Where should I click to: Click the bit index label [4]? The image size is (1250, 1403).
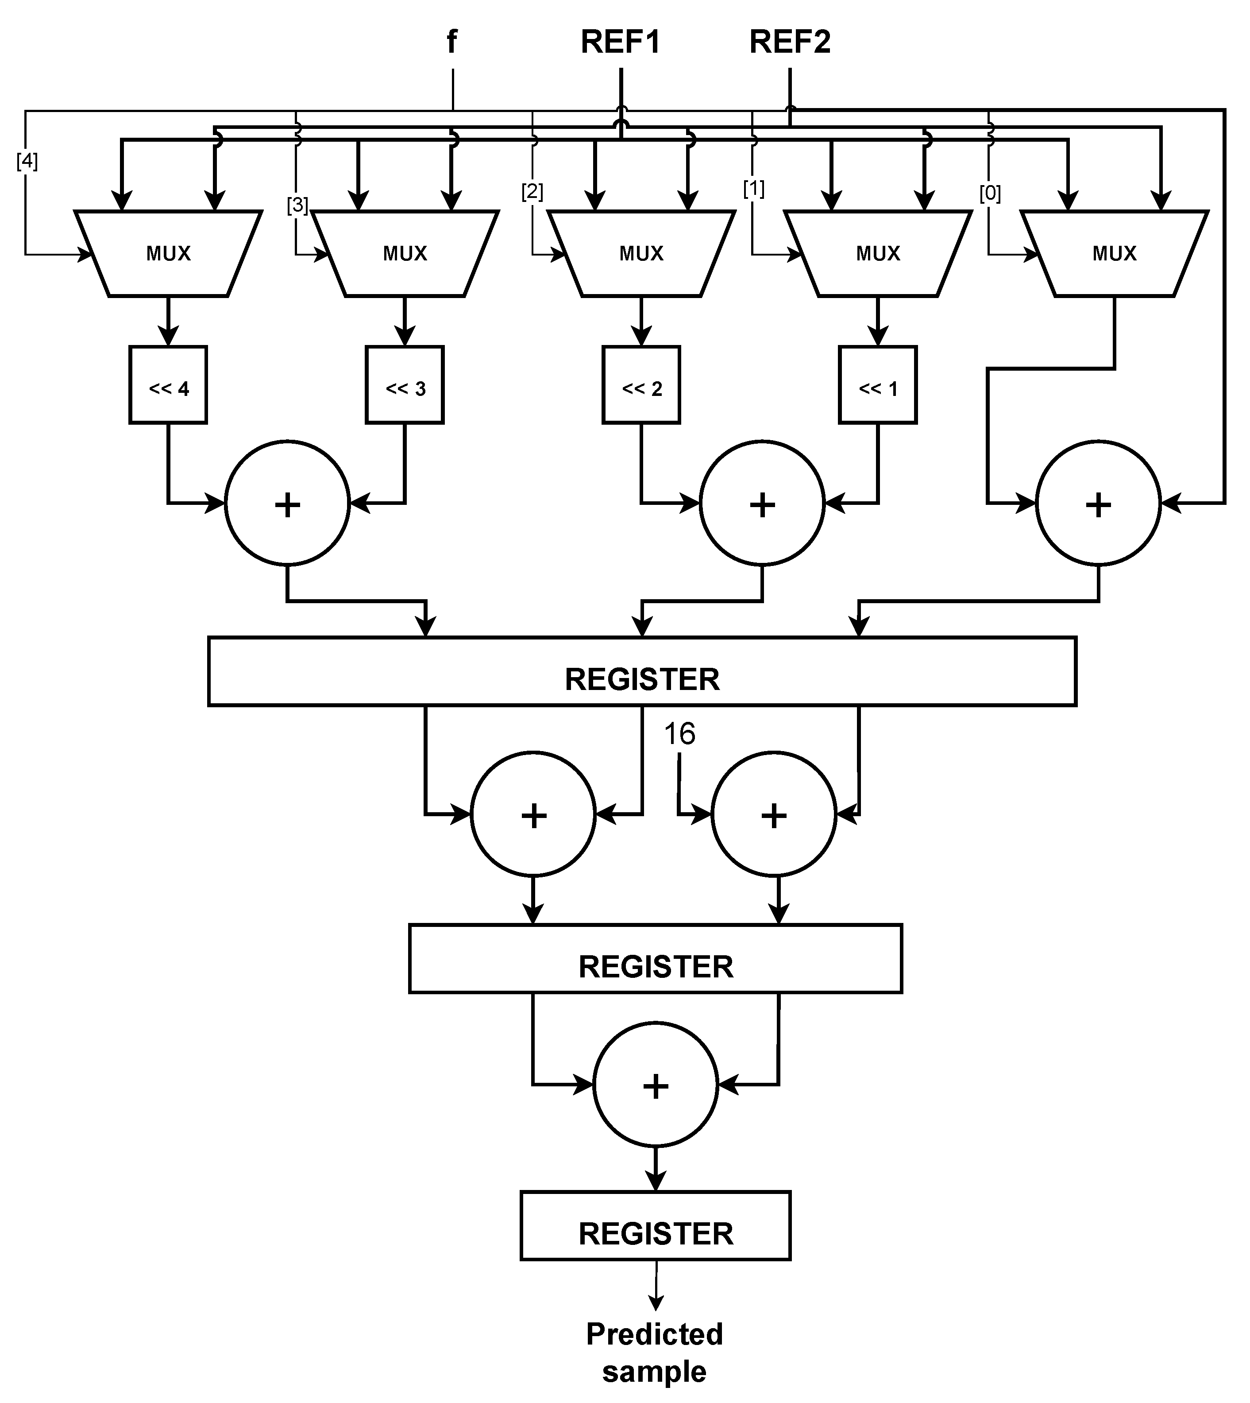tap(27, 162)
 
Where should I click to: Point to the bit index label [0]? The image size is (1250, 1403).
tap(990, 194)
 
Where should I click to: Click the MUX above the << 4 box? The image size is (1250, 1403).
tap(168, 253)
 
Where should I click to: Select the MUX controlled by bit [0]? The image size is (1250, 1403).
tap(1114, 253)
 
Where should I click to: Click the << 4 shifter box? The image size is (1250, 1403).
tap(168, 385)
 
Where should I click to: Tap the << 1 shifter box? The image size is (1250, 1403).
tap(878, 385)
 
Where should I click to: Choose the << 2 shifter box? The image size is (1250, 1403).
tap(641, 385)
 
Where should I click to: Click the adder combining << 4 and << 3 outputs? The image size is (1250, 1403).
tap(287, 504)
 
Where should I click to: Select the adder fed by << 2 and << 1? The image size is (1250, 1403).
tap(762, 504)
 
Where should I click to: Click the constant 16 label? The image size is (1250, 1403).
tap(679, 734)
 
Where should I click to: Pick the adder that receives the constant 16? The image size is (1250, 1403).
tap(774, 815)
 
